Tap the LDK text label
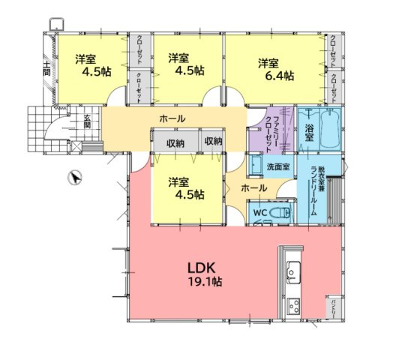click(x=203, y=268)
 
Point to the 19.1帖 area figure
click(x=204, y=282)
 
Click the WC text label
click(x=259, y=213)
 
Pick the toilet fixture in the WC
click(x=281, y=214)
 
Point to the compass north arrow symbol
click(x=73, y=178)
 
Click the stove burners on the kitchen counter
click(x=291, y=306)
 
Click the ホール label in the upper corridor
click(x=172, y=118)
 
